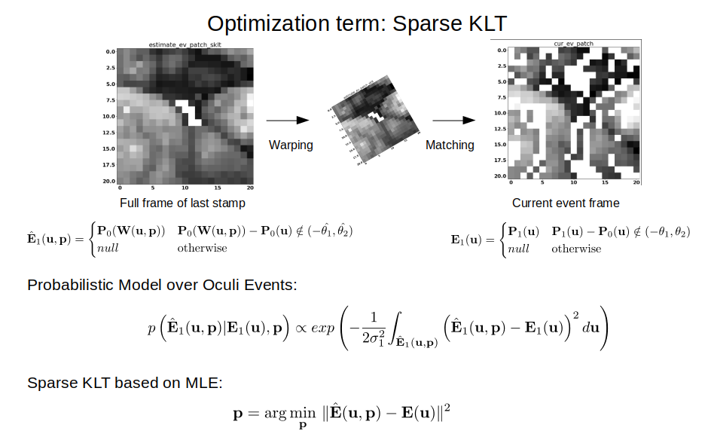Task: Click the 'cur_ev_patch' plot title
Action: point(573,44)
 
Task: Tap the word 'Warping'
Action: point(291,145)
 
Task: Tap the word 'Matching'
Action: point(450,145)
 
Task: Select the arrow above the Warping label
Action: point(288,120)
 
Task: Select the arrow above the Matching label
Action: point(453,120)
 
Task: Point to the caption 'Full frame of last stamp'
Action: point(182,203)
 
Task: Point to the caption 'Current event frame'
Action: point(566,203)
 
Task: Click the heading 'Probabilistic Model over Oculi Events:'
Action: point(163,285)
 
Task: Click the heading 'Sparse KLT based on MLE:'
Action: point(125,383)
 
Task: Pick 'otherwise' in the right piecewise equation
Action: point(576,249)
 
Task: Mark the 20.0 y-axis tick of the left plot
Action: point(109,181)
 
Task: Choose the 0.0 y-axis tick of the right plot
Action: point(502,50)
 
